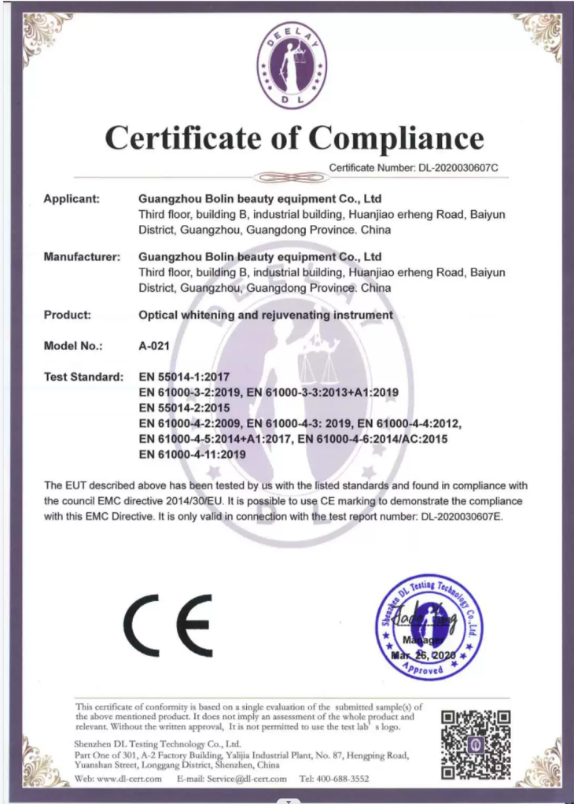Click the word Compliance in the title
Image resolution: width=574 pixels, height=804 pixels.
coord(396,138)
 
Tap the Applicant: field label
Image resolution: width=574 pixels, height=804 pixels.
coord(72,199)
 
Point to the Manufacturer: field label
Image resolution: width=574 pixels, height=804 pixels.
coord(82,256)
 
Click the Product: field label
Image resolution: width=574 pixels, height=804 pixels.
coord(68,315)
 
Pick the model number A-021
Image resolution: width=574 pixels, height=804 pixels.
coord(153,345)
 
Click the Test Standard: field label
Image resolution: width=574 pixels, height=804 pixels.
coord(84,376)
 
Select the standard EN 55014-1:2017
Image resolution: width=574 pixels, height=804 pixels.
coord(184,376)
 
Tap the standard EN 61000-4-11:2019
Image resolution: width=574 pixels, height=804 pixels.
coord(192,454)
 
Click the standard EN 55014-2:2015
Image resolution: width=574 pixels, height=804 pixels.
coord(184,408)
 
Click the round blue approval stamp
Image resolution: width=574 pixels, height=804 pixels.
coord(429,627)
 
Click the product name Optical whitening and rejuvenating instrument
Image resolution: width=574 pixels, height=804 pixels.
coord(266,315)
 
